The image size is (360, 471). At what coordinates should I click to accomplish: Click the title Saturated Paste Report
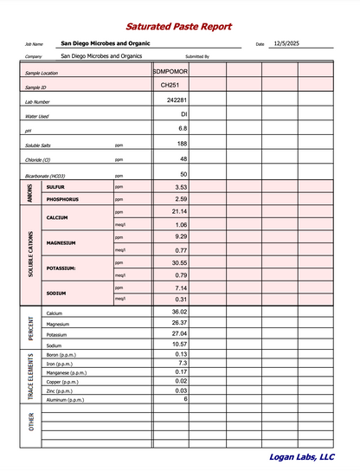pyautogui.click(x=178, y=27)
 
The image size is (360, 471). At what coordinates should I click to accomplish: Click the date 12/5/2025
pyautogui.click(x=286, y=42)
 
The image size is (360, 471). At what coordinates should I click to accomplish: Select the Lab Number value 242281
pyautogui.click(x=177, y=100)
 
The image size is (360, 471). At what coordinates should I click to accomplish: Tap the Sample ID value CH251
pyautogui.click(x=170, y=86)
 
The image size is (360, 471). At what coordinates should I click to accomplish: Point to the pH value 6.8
pyautogui.click(x=183, y=128)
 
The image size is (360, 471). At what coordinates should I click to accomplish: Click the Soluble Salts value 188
pyautogui.click(x=182, y=144)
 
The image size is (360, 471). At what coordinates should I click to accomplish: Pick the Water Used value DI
pyautogui.click(x=183, y=114)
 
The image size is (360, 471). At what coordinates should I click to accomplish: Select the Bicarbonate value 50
pyautogui.click(x=183, y=175)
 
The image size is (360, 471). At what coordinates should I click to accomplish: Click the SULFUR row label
pyautogui.click(x=55, y=187)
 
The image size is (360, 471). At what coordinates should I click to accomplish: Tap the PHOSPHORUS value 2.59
pyautogui.click(x=181, y=199)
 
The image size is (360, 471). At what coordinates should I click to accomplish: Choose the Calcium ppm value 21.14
pyautogui.click(x=179, y=211)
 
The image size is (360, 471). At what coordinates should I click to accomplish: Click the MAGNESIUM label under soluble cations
pyautogui.click(x=62, y=243)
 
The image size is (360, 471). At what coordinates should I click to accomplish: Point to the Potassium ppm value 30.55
pyautogui.click(x=179, y=262)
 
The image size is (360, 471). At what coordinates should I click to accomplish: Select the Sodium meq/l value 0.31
pyautogui.click(x=181, y=300)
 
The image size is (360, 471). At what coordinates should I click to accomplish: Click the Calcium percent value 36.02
pyautogui.click(x=179, y=312)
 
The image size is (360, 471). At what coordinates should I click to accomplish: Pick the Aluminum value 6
pyautogui.click(x=185, y=399)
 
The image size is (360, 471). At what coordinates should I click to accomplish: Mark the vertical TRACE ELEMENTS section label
pyautogui.click(x=31, y=377)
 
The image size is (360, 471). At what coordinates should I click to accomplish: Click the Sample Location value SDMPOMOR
pyautogui.click(x=170, y=71)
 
